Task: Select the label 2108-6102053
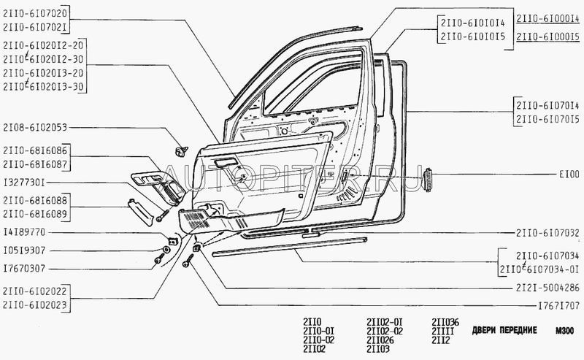click(35, 128)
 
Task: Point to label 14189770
click(25, 232)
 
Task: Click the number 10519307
click(25, 250)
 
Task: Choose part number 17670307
click(25, 267)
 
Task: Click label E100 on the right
click(569, 175)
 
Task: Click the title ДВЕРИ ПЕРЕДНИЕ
click(500, 330)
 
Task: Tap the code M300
click(564, 330)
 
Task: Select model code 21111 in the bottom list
click(443, 330)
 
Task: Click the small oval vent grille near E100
click(429, 175)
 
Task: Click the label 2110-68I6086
click(35, 149)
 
